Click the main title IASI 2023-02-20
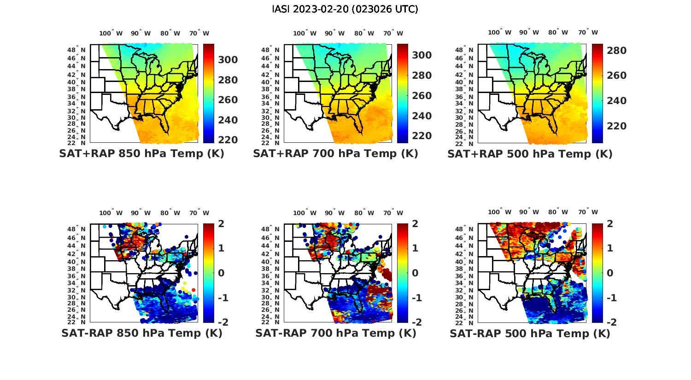pos(345,9)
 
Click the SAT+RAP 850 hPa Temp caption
pos(141,154)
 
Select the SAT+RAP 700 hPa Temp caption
pos(335,154)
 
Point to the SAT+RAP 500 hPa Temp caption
pos(530,154)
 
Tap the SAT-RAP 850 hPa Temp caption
pos(141,333)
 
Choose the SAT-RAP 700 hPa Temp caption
pos(335,333)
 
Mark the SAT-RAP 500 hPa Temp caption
pos(530,333)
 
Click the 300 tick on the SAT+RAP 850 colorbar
pos(228,60)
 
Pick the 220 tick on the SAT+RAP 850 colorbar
pos(228,140)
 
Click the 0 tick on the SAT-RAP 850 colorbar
pos(221,273)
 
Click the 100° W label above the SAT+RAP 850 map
pos(111,33)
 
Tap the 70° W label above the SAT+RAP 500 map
pos(588,33)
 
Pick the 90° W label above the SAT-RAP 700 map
pos(334,213)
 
